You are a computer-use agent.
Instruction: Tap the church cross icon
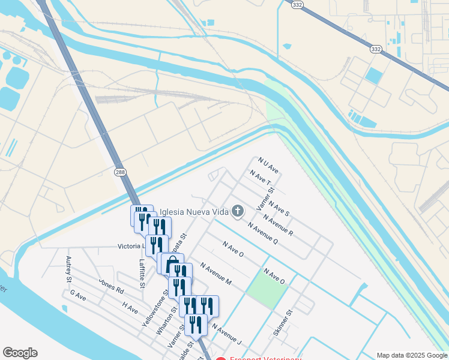pyautogui.click(x=238, y=211)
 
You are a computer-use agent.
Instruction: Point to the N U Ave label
pyautogui.click(x=268, y=164)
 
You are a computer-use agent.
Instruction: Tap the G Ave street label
pyautogui.click(x=79, y=295)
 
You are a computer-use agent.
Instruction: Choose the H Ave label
pyautogui.click(x=130, y=308)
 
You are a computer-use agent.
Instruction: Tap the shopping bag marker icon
pyautogui.click(x=172, y=263)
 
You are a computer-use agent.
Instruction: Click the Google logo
pyautogui.click(x=20, y=353)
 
